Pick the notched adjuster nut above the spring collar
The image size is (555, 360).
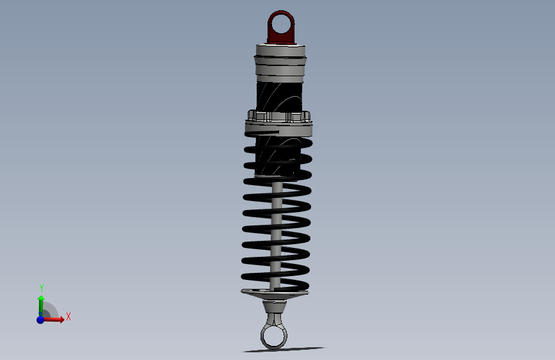pos(278,117)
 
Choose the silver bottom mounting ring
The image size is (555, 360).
pos(262,336)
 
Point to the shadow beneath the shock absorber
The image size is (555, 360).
pos(285,350)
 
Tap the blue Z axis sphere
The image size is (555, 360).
pos(40,319)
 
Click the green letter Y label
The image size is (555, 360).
pos(41,288)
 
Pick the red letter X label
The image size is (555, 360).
pos(68,316)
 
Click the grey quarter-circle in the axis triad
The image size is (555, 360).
pos(49,312)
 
